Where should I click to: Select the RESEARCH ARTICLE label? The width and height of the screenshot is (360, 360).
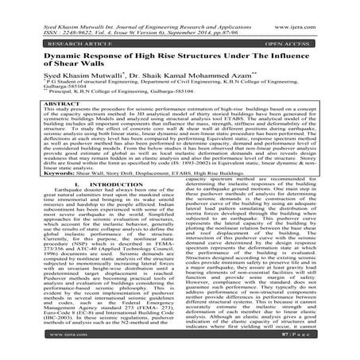pyautogui.click(x=65, y=40)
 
